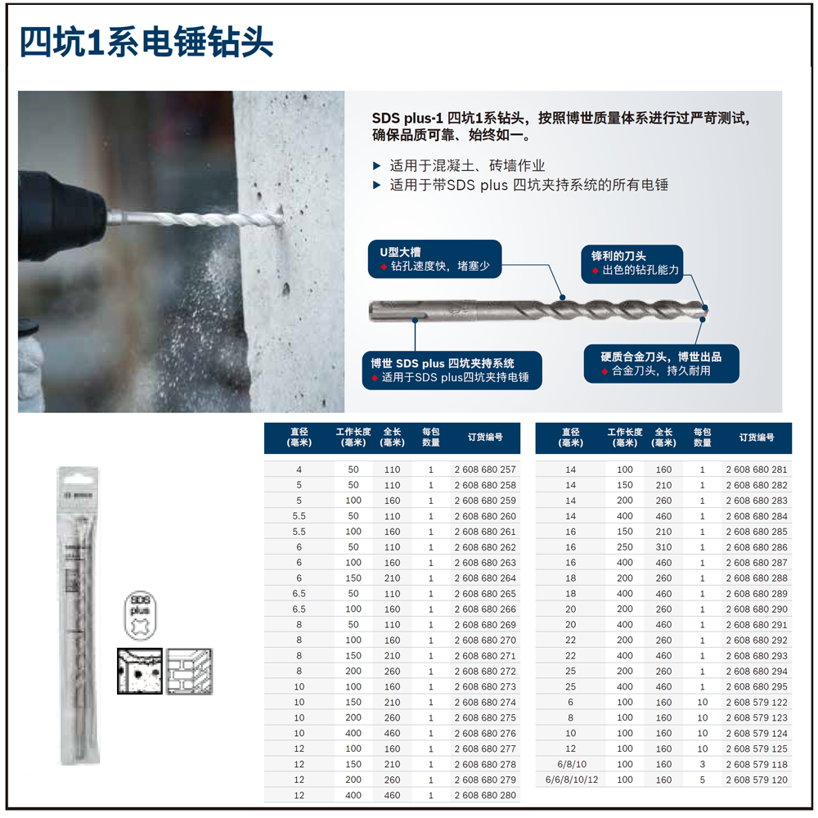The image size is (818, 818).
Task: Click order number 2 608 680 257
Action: pyautogui.click(x=485, y=470)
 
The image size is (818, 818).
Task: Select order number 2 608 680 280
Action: pyautogui.click(x=485, y=795)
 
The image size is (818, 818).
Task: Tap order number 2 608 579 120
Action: pyautogui.click(x=757, y=780)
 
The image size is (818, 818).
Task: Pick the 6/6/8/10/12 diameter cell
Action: pyautogui.click(x=571, y=780)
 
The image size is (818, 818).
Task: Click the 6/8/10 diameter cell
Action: pyautogui.click(x=571, y=764)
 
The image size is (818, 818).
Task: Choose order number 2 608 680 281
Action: pyautogui.click(x=757, y=470)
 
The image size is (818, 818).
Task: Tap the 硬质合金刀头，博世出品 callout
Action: pyautogui.click(x=661, y=363)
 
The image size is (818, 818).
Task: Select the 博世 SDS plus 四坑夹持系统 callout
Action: pyautogui.click(x=453, y=370)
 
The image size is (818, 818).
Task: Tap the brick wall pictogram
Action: pyautogui.click(x=189, y=671)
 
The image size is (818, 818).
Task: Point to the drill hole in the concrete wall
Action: pyautogui.click(x=276, y=214)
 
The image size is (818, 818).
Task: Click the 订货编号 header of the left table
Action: pyautogui.click(x=485, y=438)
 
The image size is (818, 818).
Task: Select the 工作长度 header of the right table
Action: pyautogui.click(x=625, y=438)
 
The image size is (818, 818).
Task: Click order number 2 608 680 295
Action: pyautogui.click(x=757, y=686)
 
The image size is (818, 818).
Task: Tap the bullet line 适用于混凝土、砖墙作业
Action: pyautogui.click(x=466, y=165)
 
